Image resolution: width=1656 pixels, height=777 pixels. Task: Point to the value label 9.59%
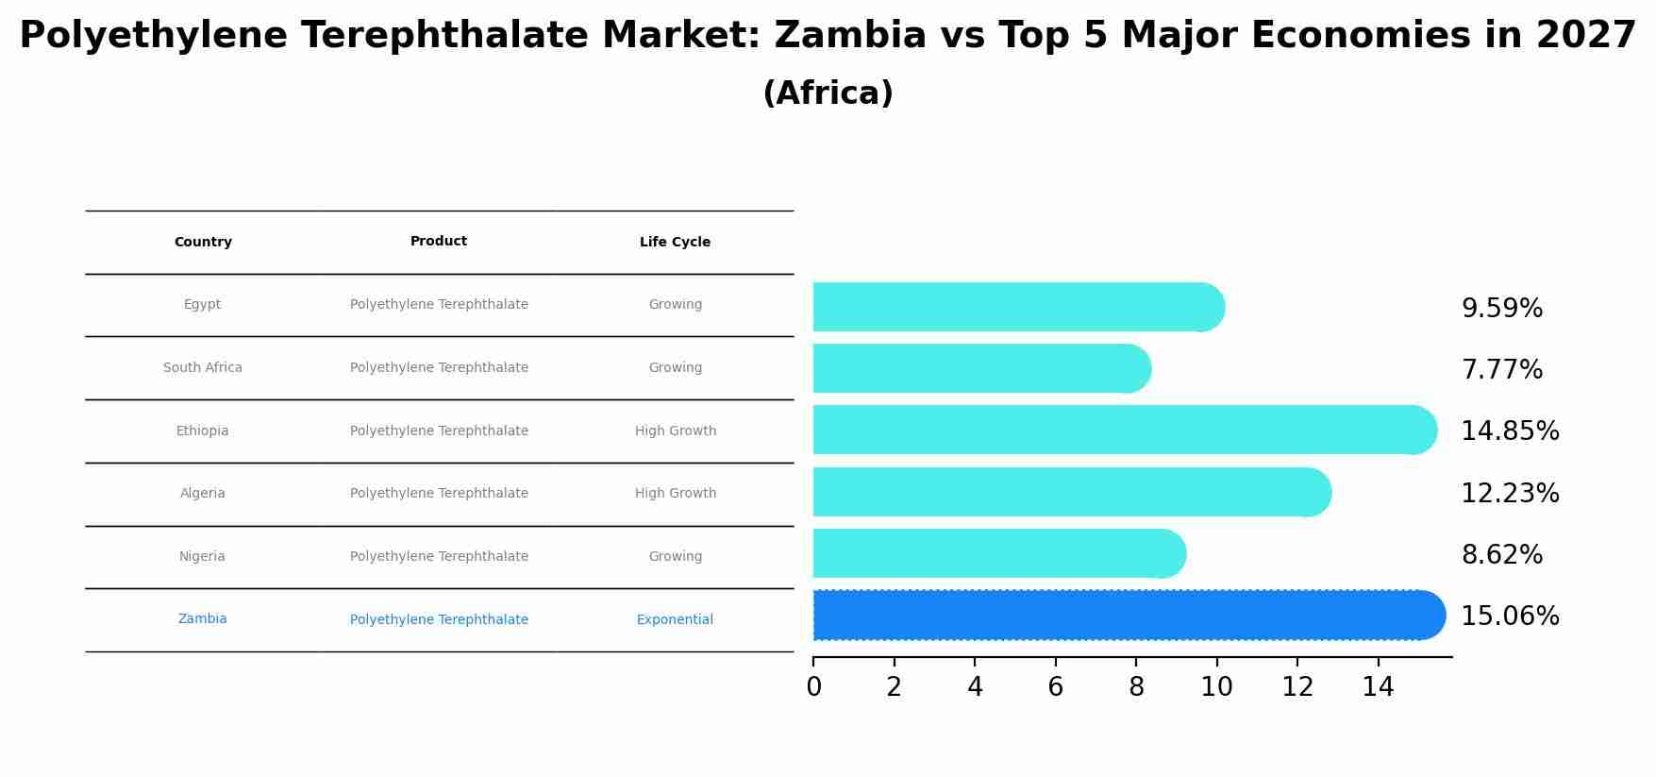(x=1501, y=309)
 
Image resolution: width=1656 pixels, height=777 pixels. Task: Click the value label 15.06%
(x=1510, y=617)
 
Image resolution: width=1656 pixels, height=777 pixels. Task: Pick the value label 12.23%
(x=1510, y=493)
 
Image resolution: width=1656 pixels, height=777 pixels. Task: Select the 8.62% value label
(x=1501, y=555)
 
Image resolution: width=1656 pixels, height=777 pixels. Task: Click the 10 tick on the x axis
(x=1216, y=687)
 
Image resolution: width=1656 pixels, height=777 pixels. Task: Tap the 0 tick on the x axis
(x=813, y=687)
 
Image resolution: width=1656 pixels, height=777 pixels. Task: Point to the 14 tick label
(x=1378, y=687)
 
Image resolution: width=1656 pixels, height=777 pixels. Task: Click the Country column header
(x=203, y=243)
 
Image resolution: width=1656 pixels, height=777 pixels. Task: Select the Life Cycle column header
(x=675, y=243)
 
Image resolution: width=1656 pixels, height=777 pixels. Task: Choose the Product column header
(x=439, y=242)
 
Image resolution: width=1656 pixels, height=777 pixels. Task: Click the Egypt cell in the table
(x=202, y=305)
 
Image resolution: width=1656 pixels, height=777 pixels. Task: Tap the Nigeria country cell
(x=202, y=557)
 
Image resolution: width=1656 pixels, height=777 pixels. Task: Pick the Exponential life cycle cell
(x=675, y=620)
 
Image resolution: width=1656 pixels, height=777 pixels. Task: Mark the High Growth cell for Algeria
(x=675, y=494)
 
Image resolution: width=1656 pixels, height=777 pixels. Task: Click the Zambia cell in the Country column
(x=202, y=619)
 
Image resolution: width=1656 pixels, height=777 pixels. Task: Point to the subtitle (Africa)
(x=828, y=93)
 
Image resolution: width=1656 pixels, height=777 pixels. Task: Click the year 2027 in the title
(x=1585, y=36)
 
